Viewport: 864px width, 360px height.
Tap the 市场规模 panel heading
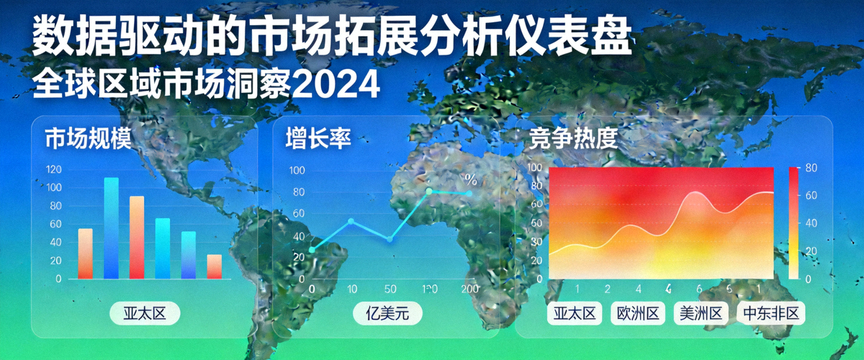coord(88,138)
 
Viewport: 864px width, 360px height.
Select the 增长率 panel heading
coord(318,138)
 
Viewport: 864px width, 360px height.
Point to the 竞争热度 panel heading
coord(573,138)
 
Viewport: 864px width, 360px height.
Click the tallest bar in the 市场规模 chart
coord(111,228)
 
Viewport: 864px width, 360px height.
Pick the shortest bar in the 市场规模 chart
coord(214,266)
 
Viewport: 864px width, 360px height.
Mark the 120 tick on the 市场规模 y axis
coord(53,170)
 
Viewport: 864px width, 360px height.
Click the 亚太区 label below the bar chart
coord(143,314)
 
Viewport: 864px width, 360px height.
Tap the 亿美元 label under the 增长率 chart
coord(387,314)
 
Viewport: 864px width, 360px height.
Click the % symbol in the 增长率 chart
coord(470,179)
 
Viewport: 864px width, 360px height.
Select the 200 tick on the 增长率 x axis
coord(469,289)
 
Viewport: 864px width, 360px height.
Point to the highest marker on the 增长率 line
coord(430,191)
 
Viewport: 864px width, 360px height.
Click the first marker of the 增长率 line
coord(312,249)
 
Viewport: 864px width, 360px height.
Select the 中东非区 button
coord(770,314)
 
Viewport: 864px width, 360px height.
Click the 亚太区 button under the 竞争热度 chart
coord(575,314)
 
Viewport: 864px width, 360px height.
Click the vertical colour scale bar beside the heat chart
coord(793,223)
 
